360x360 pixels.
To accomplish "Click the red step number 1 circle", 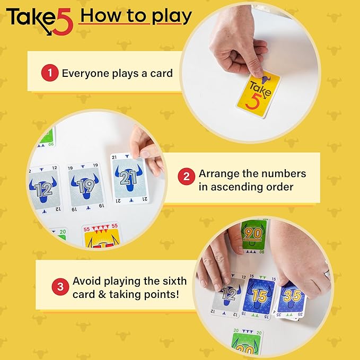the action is (x=50, y=73).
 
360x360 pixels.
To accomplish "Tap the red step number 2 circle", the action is (x=187, y=177).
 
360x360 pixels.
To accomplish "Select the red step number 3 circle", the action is (x=60, y=287).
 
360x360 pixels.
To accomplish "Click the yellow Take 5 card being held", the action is (x=259, y=94).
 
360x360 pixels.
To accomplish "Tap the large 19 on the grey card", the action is (x=86, y=186).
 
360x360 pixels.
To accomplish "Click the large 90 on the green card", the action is (x=253, y=234).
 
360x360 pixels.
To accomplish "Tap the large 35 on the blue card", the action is (x=292, y=295).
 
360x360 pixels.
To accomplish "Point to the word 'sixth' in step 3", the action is (x=175, y=281).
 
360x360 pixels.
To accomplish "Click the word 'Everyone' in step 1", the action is (x=85, y=74).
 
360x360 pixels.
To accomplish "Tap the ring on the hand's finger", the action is (x=328, y=274).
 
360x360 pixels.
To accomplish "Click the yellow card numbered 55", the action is (x=102, y=235).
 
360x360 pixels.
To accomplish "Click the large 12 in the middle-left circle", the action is (x=44, y=189).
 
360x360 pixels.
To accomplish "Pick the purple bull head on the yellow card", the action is (x=266, y=80).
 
